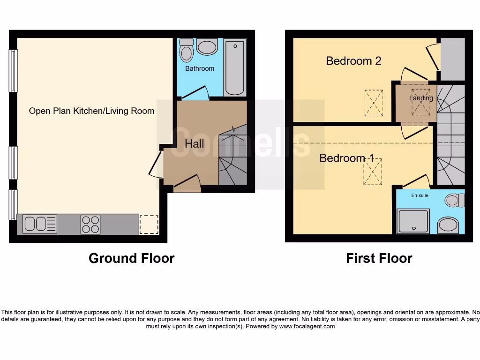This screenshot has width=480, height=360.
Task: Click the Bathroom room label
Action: pos(200,68)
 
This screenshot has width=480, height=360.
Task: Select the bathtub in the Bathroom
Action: pos(235,67)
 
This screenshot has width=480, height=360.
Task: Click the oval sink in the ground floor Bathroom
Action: pos(207,47)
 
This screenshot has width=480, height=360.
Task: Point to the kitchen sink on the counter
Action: pos(39,224)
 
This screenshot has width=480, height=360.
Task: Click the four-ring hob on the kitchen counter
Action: pos(90,224)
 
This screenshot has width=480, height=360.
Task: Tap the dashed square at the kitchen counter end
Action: pos(149,224)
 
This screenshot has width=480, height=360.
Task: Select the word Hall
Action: pos(194,143)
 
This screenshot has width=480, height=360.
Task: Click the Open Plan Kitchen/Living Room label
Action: pos(91,111)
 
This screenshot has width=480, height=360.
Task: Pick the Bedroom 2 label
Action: pos(353,60)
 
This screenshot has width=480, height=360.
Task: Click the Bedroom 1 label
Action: pos(346,158)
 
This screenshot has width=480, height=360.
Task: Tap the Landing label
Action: pos(421,98)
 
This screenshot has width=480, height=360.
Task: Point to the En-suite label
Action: pos(420,195)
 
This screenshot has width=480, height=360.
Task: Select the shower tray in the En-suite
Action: pos(413,221)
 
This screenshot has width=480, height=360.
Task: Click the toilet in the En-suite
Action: pos(453,201)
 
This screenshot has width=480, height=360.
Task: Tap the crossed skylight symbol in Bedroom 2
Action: pos(374,103)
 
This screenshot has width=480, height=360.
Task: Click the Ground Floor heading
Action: pos(131,258)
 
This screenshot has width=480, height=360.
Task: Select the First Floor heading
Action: pos(379,258)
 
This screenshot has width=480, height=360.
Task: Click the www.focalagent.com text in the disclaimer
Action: pos(307,326)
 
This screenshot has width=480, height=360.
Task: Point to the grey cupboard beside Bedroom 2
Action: pos(452,59)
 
